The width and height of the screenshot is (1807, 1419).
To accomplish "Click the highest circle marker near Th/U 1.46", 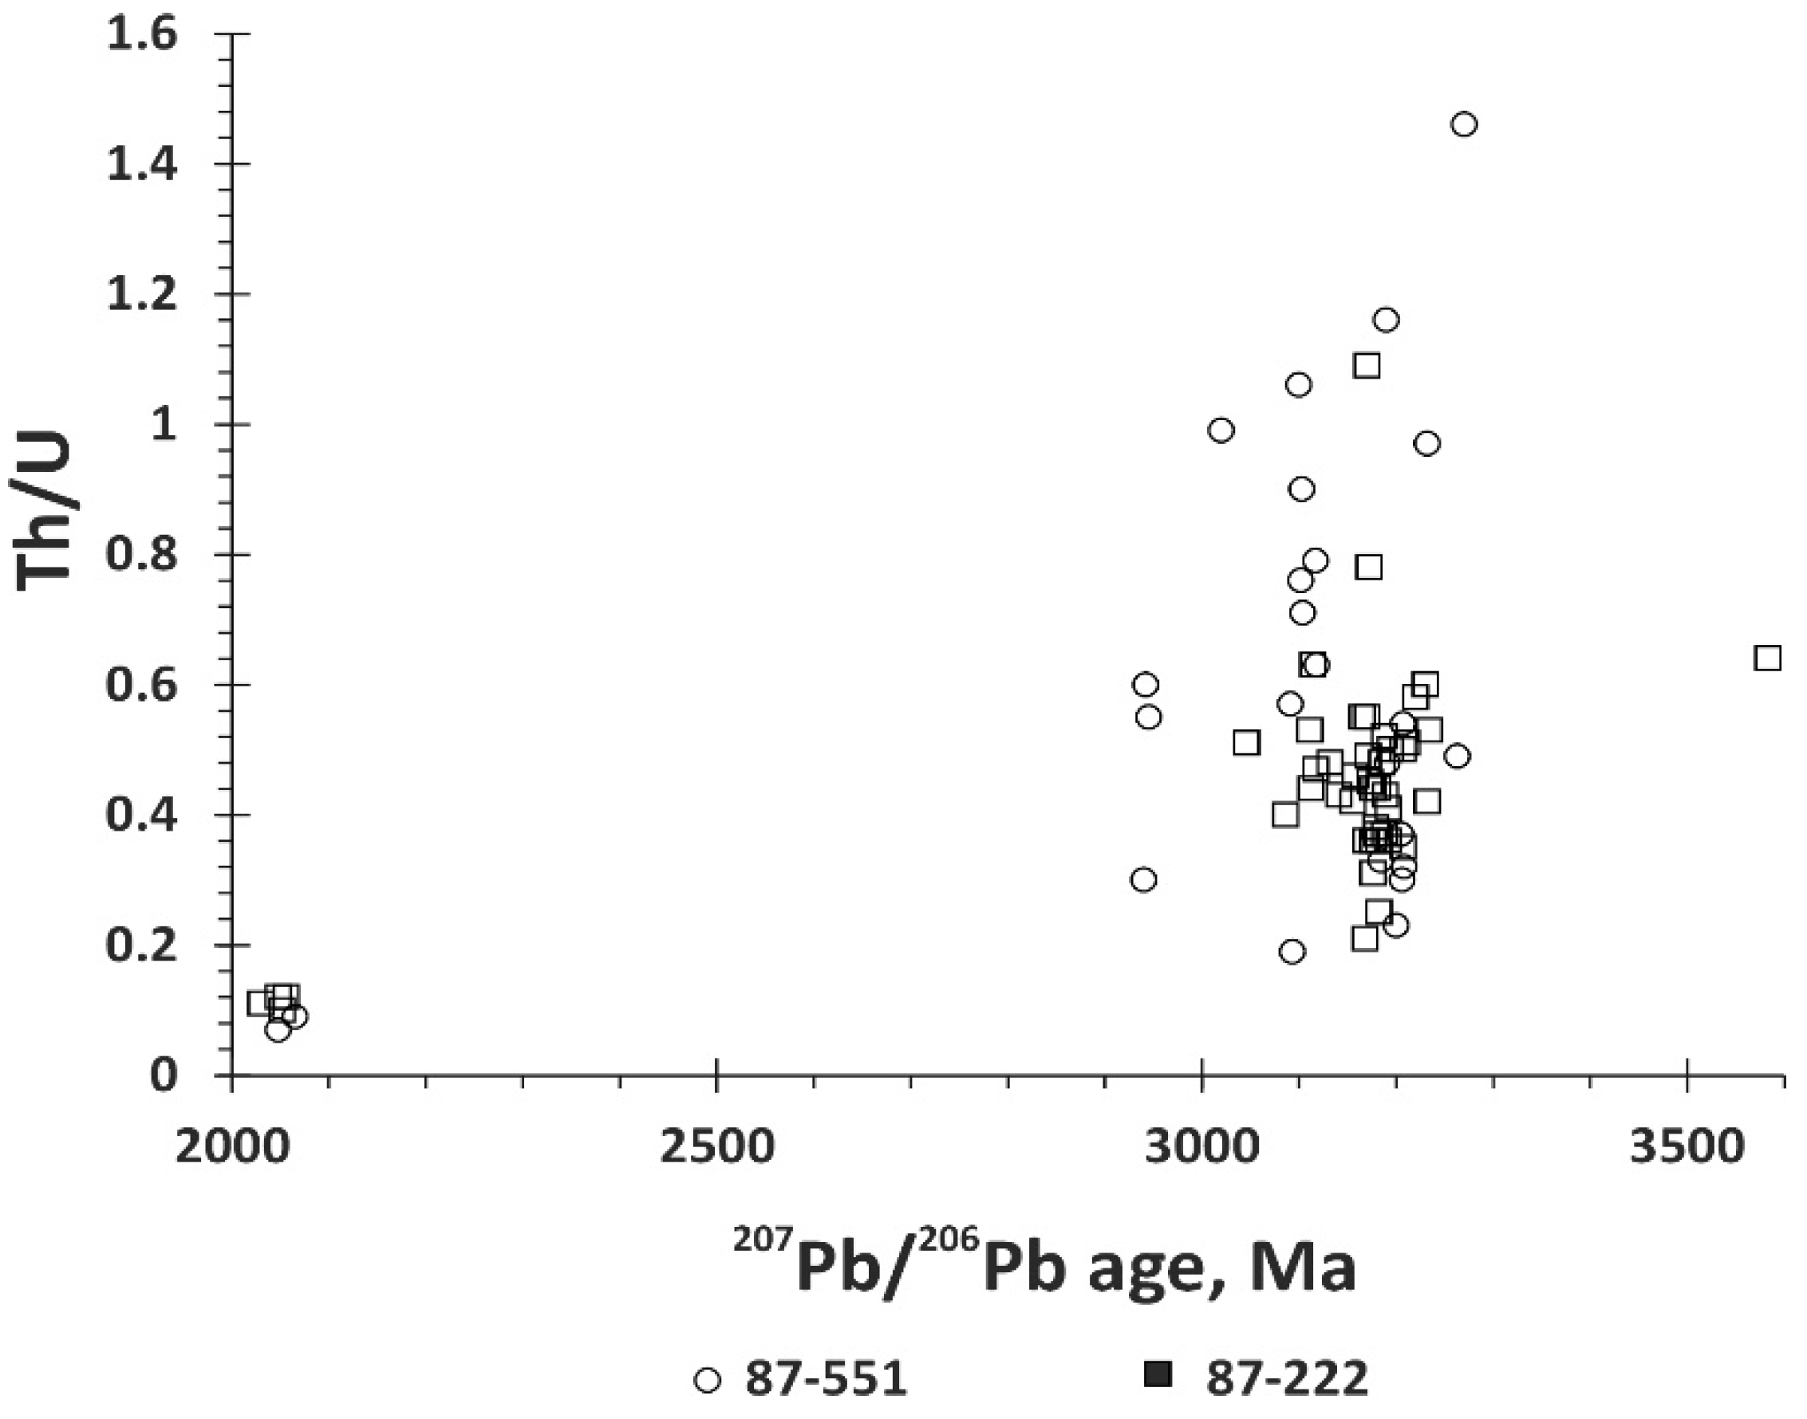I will point(1464,124).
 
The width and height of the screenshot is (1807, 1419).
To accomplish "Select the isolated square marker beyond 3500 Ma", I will point(1767,658).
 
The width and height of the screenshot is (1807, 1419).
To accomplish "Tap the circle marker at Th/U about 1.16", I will point(1387,320).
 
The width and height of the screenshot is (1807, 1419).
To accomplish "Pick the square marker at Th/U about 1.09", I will point(1367,366).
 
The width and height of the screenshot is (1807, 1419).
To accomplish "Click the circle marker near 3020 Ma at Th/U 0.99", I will point(1221,430).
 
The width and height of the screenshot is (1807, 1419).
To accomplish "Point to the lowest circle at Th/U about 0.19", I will point(1292,951).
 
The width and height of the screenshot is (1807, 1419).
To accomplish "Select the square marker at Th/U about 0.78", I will point(1369,568).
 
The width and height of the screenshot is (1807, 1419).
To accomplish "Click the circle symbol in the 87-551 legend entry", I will point(708,1380).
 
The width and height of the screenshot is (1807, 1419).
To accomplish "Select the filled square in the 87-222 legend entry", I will point(1158,1375).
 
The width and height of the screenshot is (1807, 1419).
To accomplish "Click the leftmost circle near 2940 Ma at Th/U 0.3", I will point(1144,879).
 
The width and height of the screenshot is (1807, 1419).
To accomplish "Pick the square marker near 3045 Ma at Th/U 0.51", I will point(1246,743).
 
